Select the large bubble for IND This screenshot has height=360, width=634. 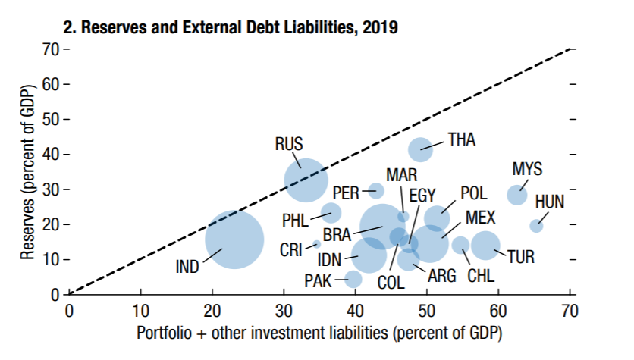coord(234,239)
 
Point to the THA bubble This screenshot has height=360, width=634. coord(420,150)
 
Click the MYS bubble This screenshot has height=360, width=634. coord(517,194)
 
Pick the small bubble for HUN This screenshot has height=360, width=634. coord(536,225)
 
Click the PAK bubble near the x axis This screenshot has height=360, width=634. coord(353,279)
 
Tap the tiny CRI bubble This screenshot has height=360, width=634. coord(316,245)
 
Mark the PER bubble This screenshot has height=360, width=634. coord(376,190)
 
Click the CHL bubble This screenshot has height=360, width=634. coord(460,244)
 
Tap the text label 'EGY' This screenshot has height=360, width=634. coord(422,196)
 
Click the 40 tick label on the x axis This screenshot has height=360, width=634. coord(355,311)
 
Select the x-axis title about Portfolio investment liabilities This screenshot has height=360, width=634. coord(319,333)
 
